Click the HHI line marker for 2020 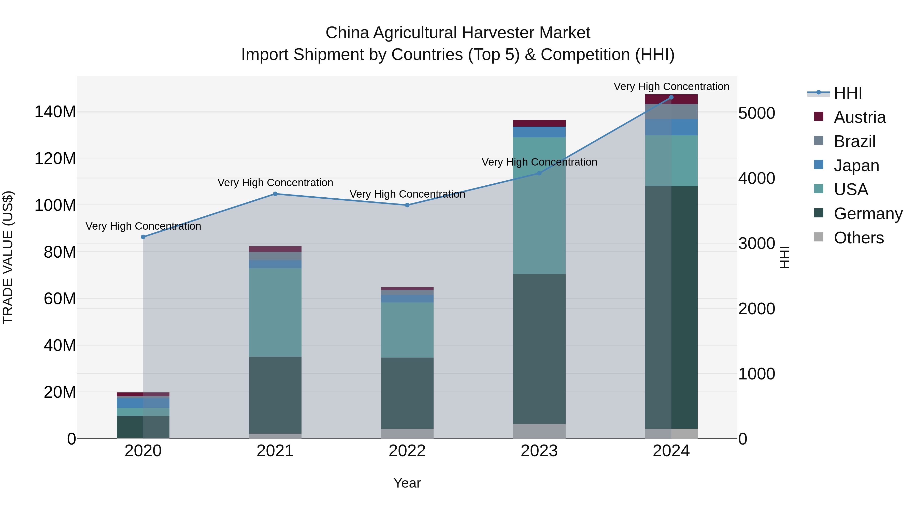click(x=143, y=237)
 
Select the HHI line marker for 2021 click(x=275, y=194)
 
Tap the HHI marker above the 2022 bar click(x=407, y=205)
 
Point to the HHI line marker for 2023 click(x=539, y=173)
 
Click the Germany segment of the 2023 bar click(x=539, y=348)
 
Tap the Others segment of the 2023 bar click(x=539, y=431)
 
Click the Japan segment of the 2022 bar click(x=407, y=298)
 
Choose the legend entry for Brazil click(x=854, y=141)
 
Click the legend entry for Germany click(x=868, y=214)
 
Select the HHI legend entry click(x=848, y=93)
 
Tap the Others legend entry click(x=858, y=238)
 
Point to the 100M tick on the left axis click(x=55, y=205)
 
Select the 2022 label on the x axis click(x=407, y=451)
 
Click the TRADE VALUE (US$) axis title click(x=8, y=257)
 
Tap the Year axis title click(x=407, y=483)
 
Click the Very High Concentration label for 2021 click(x=275, y=183)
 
